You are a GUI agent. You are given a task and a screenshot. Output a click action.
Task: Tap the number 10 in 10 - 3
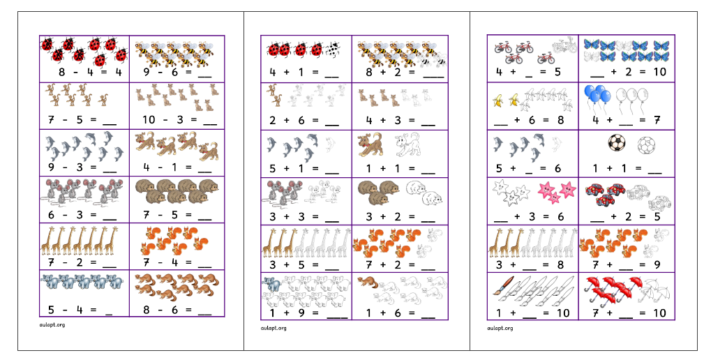[149, 119]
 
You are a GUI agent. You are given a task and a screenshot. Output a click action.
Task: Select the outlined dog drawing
[406, 144]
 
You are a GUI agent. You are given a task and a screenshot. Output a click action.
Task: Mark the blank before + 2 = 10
[597, 73]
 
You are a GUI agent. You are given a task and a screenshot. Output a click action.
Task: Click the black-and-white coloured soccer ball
[617, 144]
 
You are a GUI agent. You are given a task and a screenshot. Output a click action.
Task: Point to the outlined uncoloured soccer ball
[645, 145]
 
